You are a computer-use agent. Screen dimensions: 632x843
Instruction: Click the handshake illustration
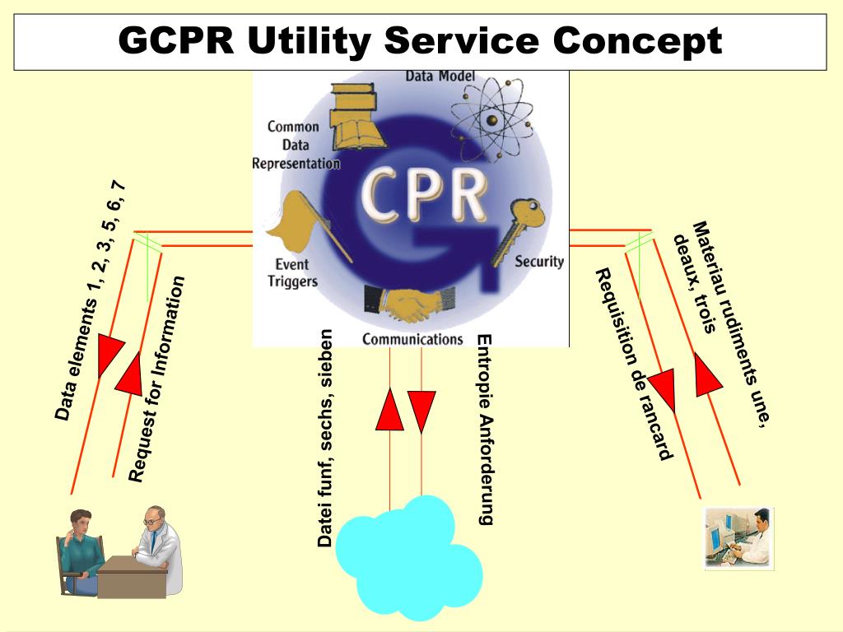(x=401, y=304)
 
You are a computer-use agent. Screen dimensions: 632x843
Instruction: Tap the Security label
(x=539, y=262)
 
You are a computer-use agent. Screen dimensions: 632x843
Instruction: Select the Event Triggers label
(x=291, y=273)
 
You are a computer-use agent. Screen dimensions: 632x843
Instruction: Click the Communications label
(x=412, y=338)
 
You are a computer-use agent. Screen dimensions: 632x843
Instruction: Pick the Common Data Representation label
(x=296, y=145)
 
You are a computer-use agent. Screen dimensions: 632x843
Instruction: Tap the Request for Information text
(x=157, y=379)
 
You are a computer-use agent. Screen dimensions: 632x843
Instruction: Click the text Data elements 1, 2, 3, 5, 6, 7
(x=91, y=300)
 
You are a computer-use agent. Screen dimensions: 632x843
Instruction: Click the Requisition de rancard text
(x=634, y=363)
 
